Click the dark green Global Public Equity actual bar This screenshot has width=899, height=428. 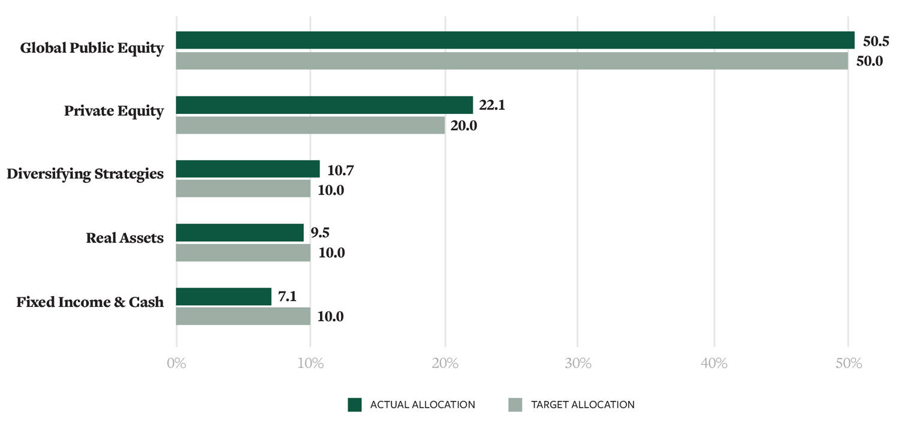[x=515, y=40]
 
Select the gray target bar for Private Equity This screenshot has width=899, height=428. [x=310, y=125]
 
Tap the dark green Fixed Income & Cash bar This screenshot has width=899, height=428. [x=224, y=297]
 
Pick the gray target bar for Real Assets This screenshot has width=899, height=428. [x=243, y=252]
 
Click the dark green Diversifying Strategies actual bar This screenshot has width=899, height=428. [x=248, y=169]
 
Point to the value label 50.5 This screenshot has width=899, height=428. [x=876, y=41]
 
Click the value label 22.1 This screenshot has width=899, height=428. [x=492, y=106]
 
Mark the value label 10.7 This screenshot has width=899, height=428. [x=340, y=170]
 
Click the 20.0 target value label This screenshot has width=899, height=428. [x=463, y=126]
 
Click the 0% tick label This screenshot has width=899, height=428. [x=176, y=363]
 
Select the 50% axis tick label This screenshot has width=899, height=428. [x=848, y=363]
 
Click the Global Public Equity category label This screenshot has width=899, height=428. [x=92, y=48]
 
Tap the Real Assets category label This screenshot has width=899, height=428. [x=125, y=238]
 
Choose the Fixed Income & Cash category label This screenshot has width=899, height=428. [x=90, y=302]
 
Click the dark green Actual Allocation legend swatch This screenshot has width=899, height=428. [x=355, y=405]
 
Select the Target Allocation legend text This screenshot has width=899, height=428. [x=583, y=405]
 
